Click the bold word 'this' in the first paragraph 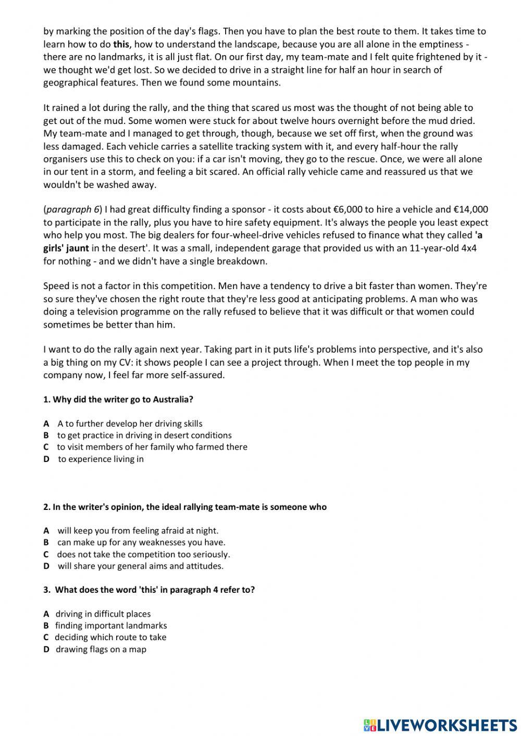tap(121, 44)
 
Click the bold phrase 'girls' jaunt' tap(66, 248)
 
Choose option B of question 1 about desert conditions tap(144, 435)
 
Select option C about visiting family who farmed tap(152, 447)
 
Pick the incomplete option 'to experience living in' tap(101, 459)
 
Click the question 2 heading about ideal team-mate tap(185, 507)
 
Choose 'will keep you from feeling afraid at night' tap(138, 531)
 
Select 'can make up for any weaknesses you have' tap(141, 542)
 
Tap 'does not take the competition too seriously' tap(143, 554)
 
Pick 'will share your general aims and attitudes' tap(140, 566)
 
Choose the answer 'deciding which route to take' tap(110, 638)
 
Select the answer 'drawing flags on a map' tap(101, 650)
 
